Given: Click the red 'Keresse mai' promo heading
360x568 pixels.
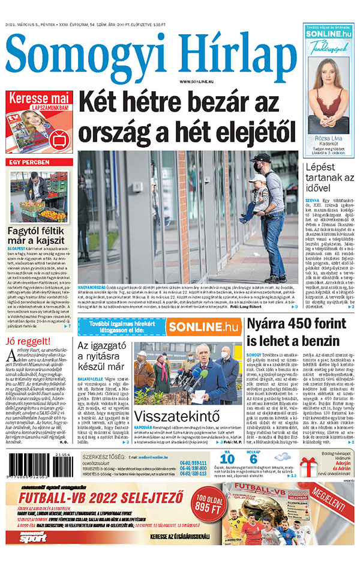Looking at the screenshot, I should point(40,98).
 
